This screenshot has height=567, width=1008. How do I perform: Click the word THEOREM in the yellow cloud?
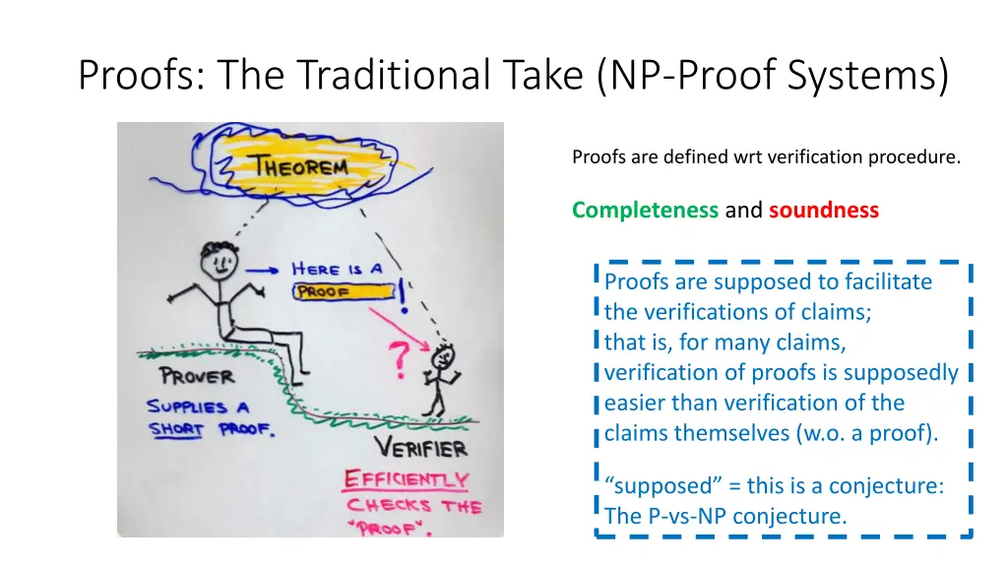tap(302, 166)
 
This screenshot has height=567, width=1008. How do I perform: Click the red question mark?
tap(398, 361)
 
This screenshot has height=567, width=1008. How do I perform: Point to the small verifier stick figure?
tap(440, 379)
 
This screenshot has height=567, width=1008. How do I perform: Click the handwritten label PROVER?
tap(197, 377)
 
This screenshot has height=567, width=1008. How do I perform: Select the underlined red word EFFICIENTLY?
tap(406, 480)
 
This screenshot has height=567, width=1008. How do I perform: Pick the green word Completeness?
tap(645, 211)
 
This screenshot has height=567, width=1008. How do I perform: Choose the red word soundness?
tap(824, 211)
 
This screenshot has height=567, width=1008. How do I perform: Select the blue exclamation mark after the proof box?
tap(405, 293)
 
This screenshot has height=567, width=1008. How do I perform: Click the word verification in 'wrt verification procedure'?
tap(763, 157)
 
